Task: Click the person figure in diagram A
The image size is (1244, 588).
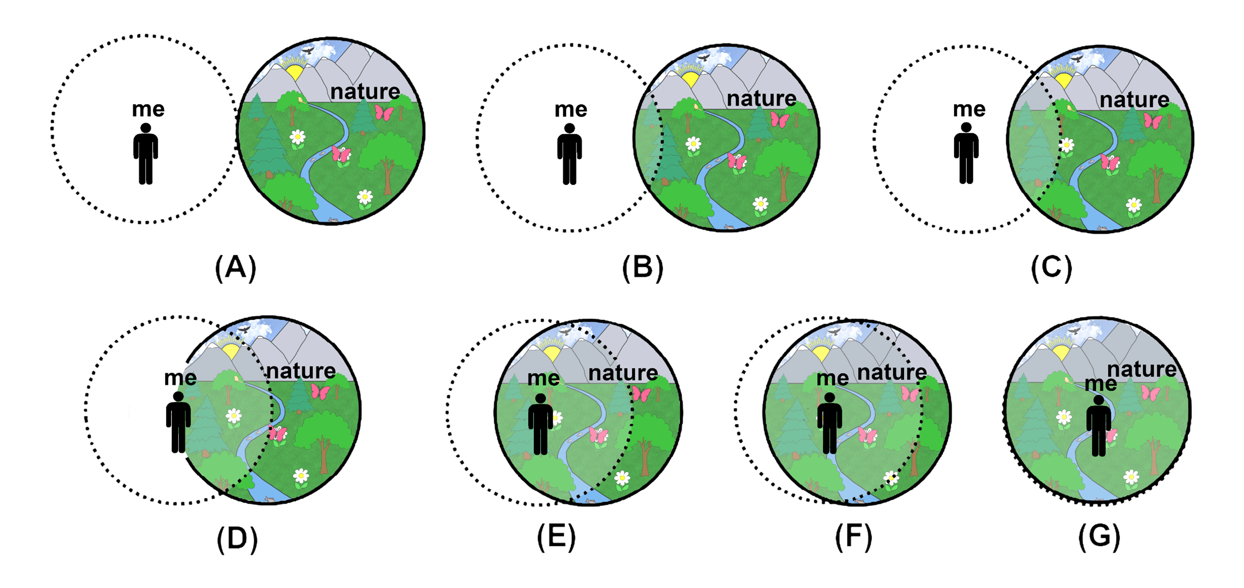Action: (x=145, y=154)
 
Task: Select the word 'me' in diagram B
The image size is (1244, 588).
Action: (x=571, y=110)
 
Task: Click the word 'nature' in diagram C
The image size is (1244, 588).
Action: (x=1134, y=100)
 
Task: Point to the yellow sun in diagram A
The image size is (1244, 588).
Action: (x=294, y=72)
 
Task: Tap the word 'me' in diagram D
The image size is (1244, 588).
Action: (x=180, y=378)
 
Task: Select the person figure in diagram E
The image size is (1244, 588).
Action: (x=540, y=424)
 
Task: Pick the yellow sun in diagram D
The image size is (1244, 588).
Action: (x=231, y=349)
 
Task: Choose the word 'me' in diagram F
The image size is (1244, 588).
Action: (x=832, y=378)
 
